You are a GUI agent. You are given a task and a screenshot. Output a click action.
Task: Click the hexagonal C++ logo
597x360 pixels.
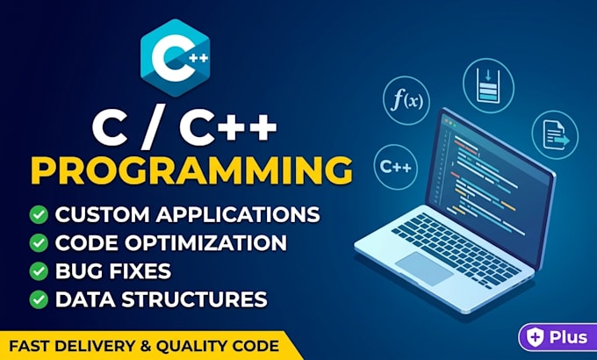175,58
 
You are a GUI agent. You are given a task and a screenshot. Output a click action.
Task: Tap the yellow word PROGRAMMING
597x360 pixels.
192,170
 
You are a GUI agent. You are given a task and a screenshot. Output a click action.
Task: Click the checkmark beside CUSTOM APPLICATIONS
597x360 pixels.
39,214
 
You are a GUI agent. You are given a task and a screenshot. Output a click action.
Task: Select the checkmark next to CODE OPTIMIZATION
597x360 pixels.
39,242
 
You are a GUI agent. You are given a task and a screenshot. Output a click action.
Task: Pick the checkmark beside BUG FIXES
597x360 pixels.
39,270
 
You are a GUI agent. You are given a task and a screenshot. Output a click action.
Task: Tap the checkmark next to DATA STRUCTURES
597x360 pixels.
39,299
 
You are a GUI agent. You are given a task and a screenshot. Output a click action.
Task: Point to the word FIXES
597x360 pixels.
140,270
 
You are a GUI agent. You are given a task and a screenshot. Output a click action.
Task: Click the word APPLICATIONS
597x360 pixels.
238,214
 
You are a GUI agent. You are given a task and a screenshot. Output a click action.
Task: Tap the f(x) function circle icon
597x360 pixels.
406,101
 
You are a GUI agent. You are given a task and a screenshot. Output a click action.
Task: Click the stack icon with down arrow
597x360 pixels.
488,85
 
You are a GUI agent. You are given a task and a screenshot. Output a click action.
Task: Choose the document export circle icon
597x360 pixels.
555,135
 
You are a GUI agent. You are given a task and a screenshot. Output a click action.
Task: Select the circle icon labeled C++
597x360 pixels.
396,167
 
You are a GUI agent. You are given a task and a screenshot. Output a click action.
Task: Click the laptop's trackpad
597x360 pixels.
424,269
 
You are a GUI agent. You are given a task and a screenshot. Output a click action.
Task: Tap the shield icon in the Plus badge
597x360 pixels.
536,337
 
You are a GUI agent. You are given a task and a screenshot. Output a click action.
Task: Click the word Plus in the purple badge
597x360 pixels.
568,337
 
